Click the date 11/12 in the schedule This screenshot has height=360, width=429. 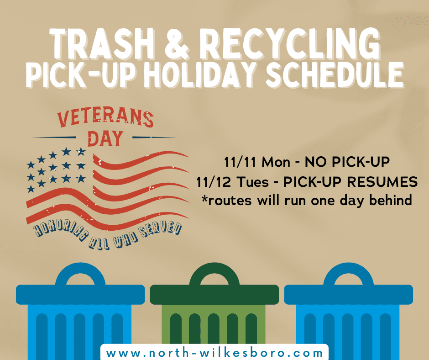pyautogui.click(x=213, y=182)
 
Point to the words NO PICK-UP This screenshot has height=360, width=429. pyautogui.click(x=339, y=162)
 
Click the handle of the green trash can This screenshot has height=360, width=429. pyautogui.click(x=214, y=274)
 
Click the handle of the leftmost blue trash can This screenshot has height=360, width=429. pyautogui.click(x=80, y=274)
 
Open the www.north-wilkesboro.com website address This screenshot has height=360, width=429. pyautogui.click(x=214, y=353)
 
